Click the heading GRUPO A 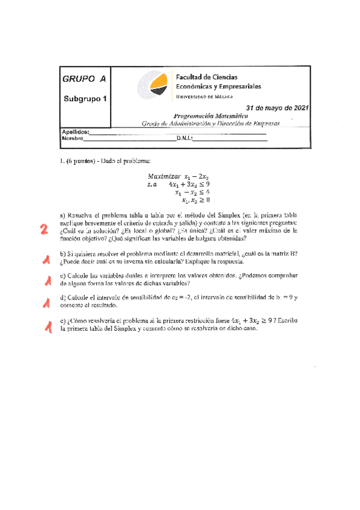[84, 79]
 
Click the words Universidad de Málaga [204, 96]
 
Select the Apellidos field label [75, 131]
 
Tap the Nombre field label [72, 138]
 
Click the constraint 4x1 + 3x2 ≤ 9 [189, 185]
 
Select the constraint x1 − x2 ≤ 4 [192, 192]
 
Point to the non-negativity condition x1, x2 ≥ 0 [192, 200]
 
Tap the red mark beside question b [46, 260]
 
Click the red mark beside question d [45, 303]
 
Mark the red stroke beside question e [45, 327]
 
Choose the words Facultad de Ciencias [206, 78]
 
